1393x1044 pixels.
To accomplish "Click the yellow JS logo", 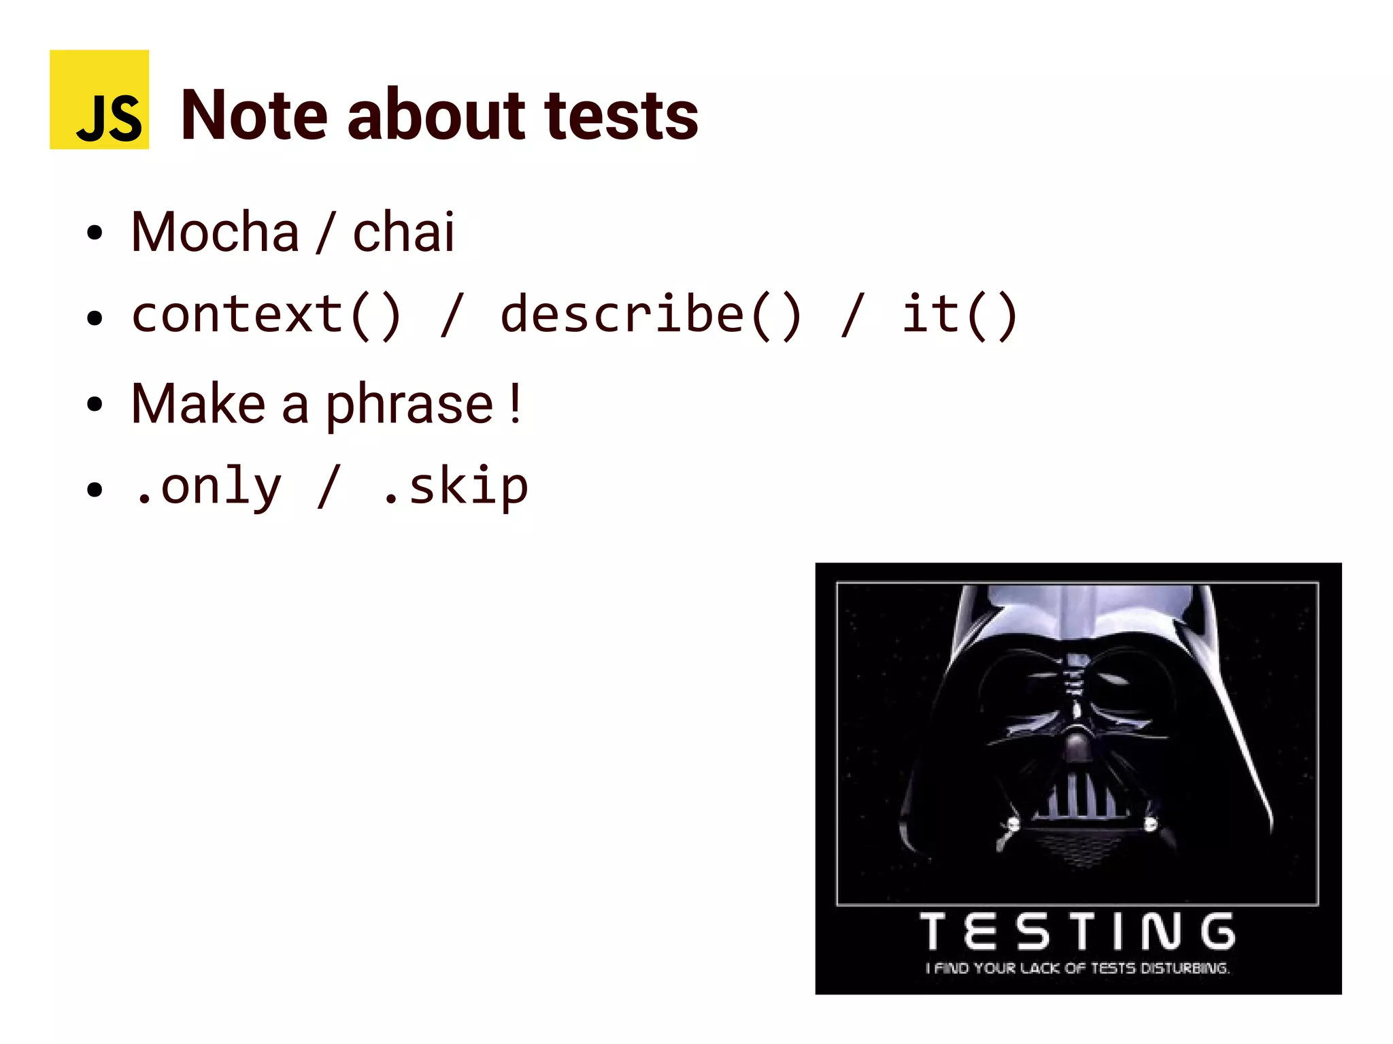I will pos(99,99).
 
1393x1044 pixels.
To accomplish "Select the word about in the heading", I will pos(436,116).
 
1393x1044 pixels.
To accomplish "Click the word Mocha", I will pos(215,233).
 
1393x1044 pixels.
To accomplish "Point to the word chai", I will pos(403,233).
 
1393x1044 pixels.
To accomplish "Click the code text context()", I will pos(267,315).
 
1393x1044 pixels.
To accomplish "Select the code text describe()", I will pos(652,315).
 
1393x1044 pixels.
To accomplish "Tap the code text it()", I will pos(959,315).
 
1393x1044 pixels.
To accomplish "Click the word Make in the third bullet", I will pos(198,404).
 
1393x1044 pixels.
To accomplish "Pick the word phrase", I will pos(409,405).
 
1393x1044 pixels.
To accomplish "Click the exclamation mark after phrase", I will pos(516,404).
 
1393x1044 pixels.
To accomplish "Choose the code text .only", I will pos(207,487).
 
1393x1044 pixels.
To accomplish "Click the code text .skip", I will pos(455,487).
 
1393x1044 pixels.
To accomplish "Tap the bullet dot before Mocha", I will pos(95,233).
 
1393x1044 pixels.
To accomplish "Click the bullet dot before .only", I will pos(95,489).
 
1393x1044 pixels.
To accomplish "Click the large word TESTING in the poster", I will pos(1077,932).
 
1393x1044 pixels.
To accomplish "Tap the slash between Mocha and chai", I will pos(325,233).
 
